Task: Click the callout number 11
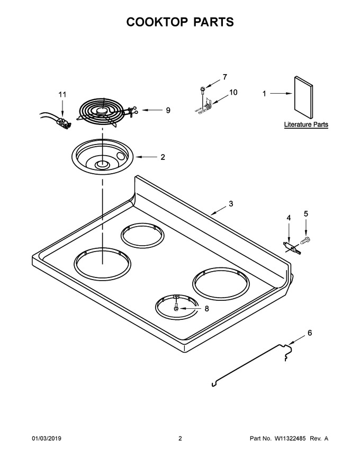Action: (62, 94)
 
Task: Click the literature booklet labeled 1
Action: (303, 97)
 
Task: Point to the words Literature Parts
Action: (306, 124)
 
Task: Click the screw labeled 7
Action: (202, 89)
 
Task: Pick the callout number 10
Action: (233, 93)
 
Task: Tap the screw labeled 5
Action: (305, 239)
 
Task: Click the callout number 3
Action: (231, 204)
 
